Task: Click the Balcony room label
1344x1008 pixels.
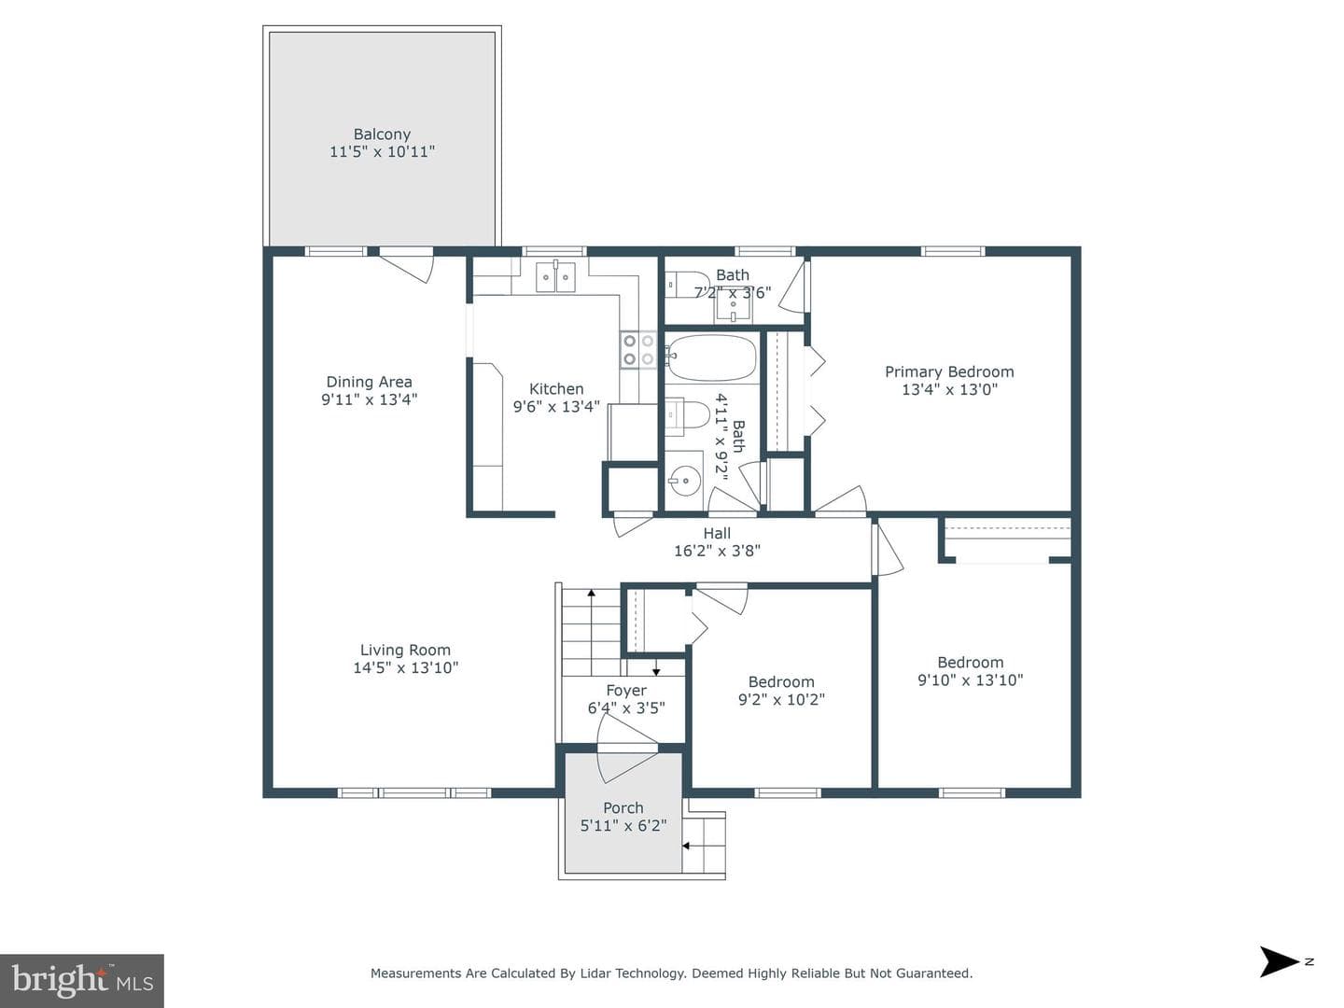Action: (382, 134)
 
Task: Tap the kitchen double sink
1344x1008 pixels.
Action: (555, 276)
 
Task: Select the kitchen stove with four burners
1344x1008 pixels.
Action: (638, 349)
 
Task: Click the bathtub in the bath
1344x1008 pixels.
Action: (711, 357)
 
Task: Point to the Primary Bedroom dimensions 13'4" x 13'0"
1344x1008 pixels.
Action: (949, 389)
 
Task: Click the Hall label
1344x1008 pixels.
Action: (717, 533)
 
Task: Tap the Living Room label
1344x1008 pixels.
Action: (405, 650)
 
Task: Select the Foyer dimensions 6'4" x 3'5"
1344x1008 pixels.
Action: (625, 708)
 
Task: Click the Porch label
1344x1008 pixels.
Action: (623, 808)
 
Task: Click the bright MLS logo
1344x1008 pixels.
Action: (82, 980)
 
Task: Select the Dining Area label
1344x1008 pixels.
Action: (369, 382)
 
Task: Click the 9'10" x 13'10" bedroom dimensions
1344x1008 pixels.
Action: (970, 680)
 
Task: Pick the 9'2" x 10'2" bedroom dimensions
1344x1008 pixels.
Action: (781, 700)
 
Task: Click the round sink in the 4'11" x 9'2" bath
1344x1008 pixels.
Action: (683, 480)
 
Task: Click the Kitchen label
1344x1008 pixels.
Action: (556, 389)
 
